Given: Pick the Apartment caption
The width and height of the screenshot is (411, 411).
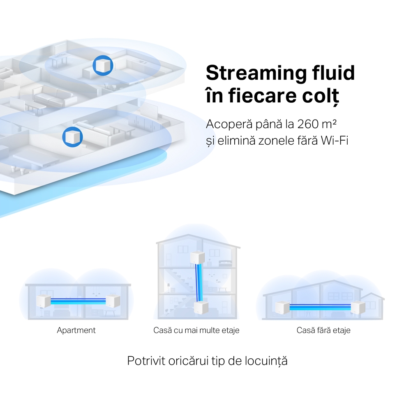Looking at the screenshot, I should (76, 330).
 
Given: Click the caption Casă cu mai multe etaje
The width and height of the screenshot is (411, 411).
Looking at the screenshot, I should (196, 330).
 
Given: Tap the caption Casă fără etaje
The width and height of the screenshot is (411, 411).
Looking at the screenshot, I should (323, 330).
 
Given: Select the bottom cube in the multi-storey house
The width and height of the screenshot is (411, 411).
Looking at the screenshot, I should (200, 306).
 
